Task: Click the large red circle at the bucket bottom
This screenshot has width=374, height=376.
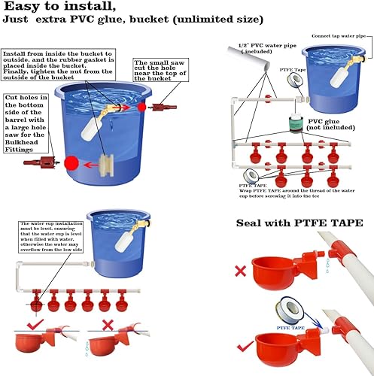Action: click(72, 162)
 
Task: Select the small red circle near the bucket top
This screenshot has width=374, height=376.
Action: click(141, 108)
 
